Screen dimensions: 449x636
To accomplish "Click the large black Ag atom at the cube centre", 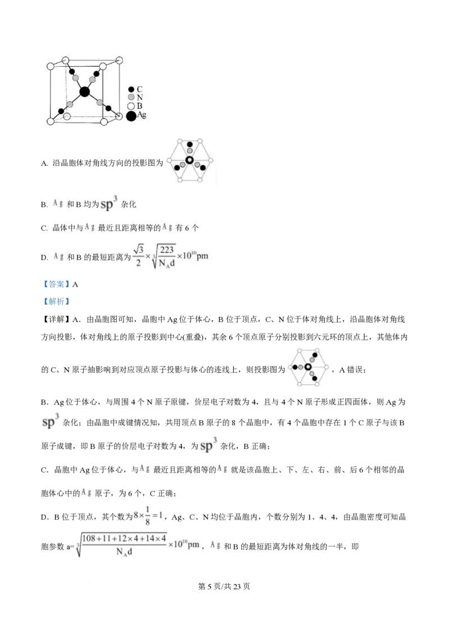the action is point(84,92).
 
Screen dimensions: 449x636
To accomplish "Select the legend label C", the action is point(140,89).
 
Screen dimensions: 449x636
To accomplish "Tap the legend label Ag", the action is point(141,115).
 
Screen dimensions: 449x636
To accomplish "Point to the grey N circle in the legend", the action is point(131,97).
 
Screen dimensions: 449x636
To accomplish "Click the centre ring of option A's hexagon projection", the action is point(189,160).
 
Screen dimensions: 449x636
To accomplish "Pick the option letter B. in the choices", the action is point(44,205).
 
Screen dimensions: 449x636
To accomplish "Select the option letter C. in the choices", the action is point(44,228).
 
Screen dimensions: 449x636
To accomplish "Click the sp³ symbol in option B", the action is point(109,203).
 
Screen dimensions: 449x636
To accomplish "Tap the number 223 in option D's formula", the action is point(167,250).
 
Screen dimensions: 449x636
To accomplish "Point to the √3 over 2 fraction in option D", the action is point(139,256).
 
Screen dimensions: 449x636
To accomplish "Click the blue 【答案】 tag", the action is point(56,284).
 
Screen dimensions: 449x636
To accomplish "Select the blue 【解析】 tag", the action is point(56,301).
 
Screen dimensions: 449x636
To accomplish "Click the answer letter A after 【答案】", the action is point(75,285).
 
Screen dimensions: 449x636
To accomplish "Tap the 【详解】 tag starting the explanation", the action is point(56,319).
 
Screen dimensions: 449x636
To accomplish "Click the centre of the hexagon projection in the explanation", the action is point(308,367).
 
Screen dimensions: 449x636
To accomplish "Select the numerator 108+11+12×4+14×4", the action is point(124,539).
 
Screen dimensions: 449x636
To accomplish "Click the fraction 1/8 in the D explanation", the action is point(148,516).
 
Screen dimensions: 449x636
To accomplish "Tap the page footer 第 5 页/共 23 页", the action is point(224,587).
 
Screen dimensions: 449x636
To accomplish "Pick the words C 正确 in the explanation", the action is point(162,494).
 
